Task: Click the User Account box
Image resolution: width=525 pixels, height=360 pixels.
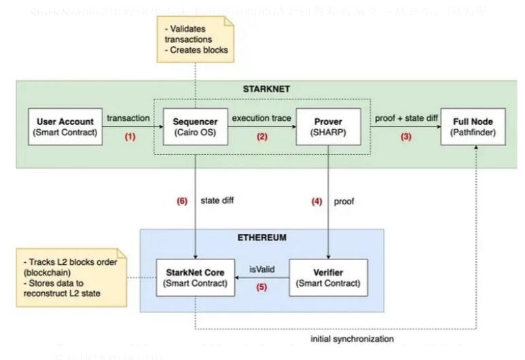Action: (67, 126)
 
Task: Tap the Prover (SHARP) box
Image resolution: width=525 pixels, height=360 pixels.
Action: (329, 126)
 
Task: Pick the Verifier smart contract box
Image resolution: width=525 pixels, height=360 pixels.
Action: (329, 277)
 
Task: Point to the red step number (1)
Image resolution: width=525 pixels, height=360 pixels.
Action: (130, 136)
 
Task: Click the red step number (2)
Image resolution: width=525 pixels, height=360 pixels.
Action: (261, 136)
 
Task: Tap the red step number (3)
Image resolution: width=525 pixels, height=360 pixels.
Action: (405, 136)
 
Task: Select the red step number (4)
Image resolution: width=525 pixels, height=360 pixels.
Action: (316, 201)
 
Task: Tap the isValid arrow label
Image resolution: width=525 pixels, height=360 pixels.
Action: (261, 269)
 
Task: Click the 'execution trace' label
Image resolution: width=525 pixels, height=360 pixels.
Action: (261, 118)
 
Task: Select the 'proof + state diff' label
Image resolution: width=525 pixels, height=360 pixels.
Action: (405, 118)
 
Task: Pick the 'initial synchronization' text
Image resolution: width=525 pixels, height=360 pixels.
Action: (352, 338)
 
